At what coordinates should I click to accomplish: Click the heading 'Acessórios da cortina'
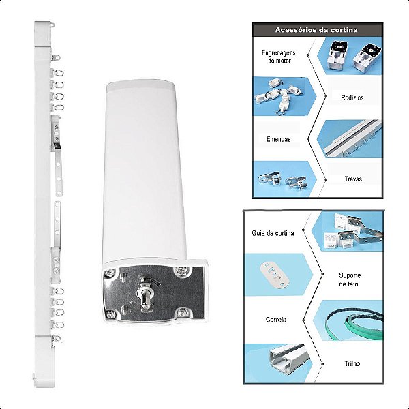[x=316, y=30]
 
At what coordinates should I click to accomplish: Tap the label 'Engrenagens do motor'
[x=279, y=57]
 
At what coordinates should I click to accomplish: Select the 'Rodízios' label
[x=352, y=97]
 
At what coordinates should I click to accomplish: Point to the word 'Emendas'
[x=279, y=139]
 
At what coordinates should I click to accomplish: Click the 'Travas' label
[x=353, y=179]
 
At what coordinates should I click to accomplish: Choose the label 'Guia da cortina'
[x=273, y=233]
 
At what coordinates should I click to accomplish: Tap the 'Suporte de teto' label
[x=350, y=279]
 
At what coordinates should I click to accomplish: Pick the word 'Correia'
[x=276, y=320]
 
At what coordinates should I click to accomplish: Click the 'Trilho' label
[x=352, y=363]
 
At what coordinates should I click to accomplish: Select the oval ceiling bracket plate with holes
[x=275, y=275]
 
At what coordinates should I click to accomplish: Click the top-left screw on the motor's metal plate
[x=110, y=273]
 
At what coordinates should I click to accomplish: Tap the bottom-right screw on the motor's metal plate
[x=182, y=312]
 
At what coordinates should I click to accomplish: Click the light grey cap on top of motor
[x=141, y=86]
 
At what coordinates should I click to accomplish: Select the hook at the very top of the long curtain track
[x=53, y=25]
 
